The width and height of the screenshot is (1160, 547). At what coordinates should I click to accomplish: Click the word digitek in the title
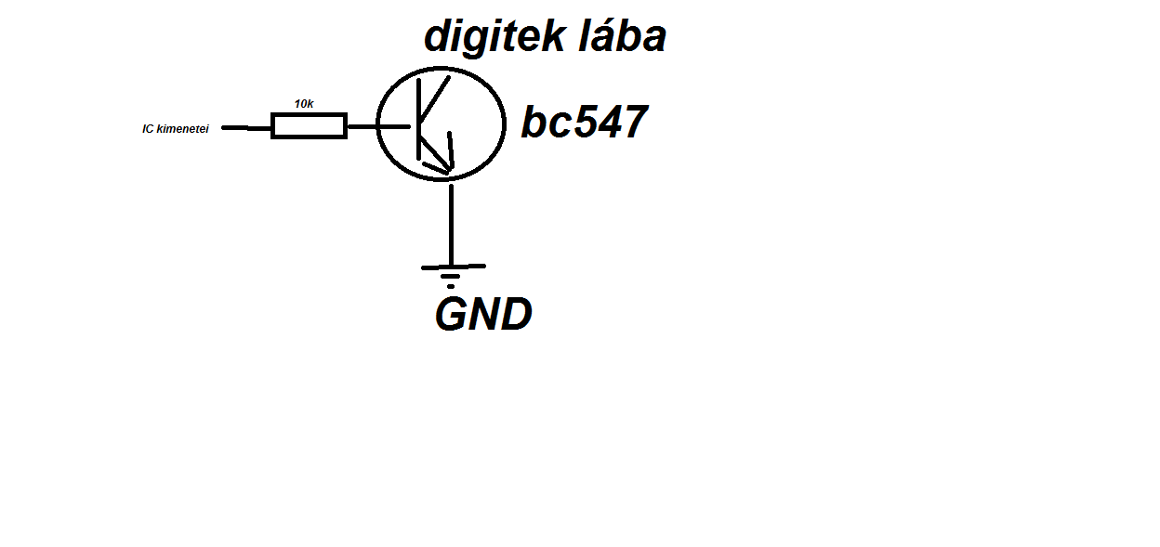point(493,37)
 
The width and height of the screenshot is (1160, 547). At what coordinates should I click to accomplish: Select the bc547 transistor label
point(584,123)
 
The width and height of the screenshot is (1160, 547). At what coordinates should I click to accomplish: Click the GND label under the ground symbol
point(483,316)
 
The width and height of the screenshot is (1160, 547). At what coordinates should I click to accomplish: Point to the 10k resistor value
point(304,104)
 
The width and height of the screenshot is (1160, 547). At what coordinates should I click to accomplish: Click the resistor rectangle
point(309,125)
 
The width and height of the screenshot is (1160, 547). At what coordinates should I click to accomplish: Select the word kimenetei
point(183,129)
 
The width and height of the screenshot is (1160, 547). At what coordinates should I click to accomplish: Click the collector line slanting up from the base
point(435,97)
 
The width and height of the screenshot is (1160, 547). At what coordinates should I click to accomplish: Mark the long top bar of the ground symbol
point(453,267)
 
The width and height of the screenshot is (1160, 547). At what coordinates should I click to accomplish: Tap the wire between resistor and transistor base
point(362,125)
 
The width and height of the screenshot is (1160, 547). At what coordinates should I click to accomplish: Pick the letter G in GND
point(453,316)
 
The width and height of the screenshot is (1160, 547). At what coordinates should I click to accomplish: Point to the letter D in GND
point(515,316)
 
